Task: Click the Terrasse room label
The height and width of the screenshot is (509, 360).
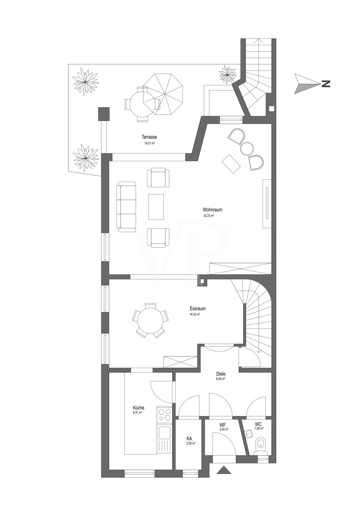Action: coord(149,137)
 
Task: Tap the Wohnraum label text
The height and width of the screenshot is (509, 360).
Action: coord(212,209)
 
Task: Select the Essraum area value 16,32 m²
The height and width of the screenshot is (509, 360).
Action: coord(195,314)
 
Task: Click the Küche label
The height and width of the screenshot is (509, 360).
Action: coord(139,408)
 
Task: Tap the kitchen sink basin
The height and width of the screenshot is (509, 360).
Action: coord(164,433)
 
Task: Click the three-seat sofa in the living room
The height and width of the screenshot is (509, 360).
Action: coord(126,204)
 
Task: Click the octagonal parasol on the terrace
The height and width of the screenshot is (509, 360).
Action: coord(163,94)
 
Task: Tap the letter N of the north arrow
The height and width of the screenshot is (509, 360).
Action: coord(326,84)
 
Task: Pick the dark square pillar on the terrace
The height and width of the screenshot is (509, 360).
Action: coord(104,114)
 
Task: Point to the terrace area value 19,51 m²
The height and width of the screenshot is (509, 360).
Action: coord(150,143)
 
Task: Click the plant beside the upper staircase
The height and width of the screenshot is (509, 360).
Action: coord(227,74)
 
